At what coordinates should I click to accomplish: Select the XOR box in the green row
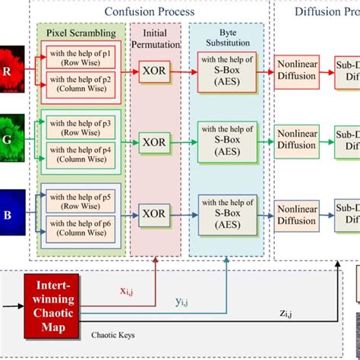tap(155, 141)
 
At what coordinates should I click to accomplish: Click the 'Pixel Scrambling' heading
tap(81, 34)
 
